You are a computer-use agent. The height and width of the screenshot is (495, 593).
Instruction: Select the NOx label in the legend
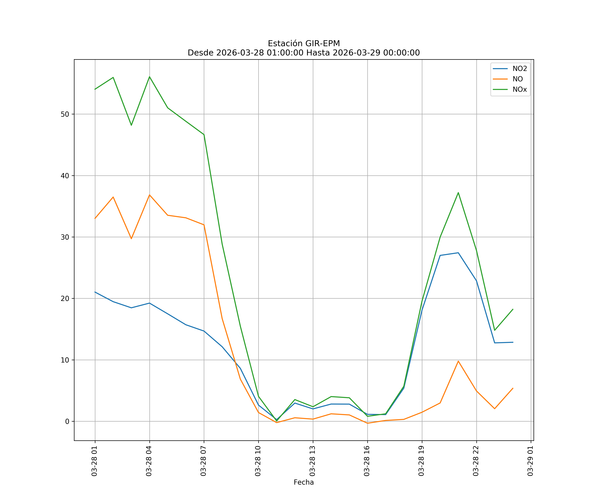(x=520, y=90)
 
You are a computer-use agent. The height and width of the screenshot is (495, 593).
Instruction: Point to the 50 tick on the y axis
(x=65, y=114)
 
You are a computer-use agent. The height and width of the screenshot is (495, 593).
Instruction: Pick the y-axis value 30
(x=65, y=237)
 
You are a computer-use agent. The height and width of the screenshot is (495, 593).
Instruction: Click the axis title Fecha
(x=304, y=482)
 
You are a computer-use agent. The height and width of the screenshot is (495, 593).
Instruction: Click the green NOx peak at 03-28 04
(x=149, y=77)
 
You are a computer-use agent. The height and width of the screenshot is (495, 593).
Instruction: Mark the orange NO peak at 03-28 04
(x=149, y=195)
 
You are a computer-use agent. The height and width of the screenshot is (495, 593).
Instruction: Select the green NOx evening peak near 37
(x=458, y=193)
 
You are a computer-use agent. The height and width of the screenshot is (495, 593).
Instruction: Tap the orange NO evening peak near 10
(x=458, y=361)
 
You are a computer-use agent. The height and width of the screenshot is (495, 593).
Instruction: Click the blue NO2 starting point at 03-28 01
(x=95, y=292)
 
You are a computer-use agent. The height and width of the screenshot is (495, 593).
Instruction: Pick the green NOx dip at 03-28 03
(x=131, y=125)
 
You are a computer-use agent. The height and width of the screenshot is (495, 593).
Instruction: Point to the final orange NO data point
(x=513, y=388)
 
